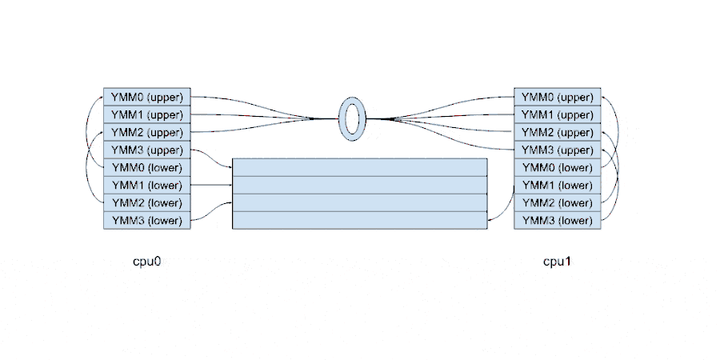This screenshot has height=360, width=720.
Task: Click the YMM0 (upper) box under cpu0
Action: click(x=146, y=97)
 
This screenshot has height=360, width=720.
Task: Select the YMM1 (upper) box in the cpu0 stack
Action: click(x=146, y=114)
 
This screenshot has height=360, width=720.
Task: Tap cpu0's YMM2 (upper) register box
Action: click(x=146, y=132)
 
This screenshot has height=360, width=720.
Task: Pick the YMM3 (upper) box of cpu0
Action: click(x=146, y=150)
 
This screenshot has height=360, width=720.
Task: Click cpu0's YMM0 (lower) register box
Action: click(x=146, y=167)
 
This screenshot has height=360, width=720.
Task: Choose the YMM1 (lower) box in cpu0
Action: click(x=146, y=185)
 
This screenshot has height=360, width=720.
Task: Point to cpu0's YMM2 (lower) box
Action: click(x=146, y=202)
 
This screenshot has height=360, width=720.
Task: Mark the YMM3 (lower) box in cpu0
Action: click(x=146, y=220)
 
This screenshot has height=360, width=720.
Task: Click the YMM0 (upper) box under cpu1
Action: click(x=557, y=97)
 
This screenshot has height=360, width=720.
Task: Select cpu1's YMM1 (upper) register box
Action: click(x=557, y=114)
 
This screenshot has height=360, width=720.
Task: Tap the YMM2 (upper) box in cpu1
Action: click(x=557, y=132)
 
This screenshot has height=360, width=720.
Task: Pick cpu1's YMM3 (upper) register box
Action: click(x=557, y=150)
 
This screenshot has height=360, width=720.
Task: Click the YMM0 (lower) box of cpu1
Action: click(x=557, y=167)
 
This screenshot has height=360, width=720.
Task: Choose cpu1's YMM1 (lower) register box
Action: click(x=557, y=185)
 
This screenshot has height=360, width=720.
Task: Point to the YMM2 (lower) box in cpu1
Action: click(x=557, y=202)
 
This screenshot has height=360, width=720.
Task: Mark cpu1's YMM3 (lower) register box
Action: click(x=557, y=220)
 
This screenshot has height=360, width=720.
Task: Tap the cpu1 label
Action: click(x=557, y=261)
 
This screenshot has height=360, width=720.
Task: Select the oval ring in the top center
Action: click(x=351, y=119)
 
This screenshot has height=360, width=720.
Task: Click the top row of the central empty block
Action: click(x=359, y=167)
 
